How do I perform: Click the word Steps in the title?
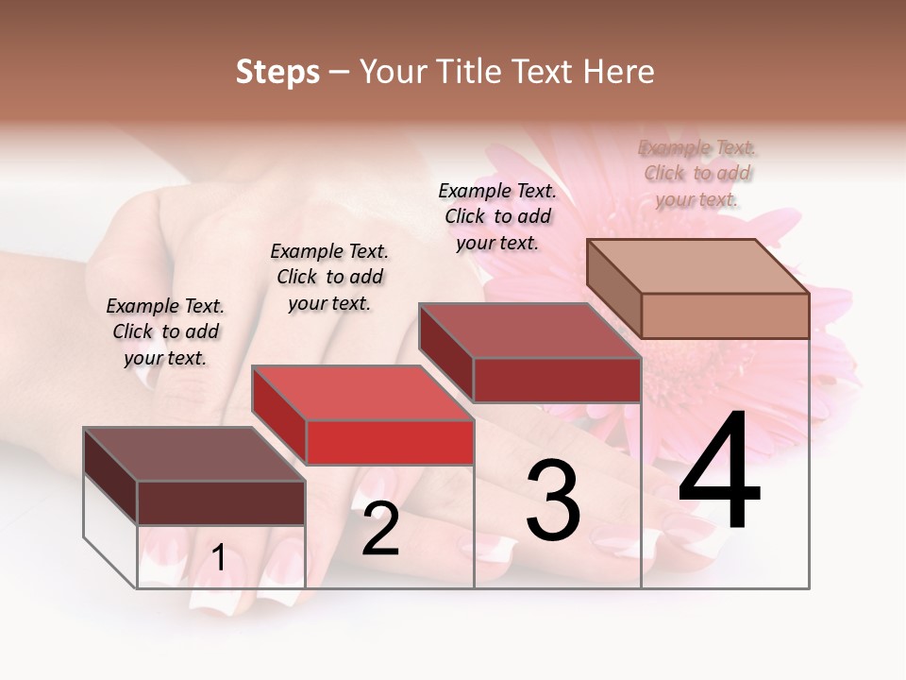[x=277, y=72]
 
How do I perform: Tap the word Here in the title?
[x=618, y=72]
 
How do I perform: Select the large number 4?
[x=719, y=472]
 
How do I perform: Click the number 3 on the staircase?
[x=553, y=501]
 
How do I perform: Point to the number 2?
[x=380, y=530]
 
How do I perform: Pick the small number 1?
[x=219, y=557]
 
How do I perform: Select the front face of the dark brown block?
[x=221, y=502]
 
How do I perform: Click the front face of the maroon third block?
[x=557, y=380]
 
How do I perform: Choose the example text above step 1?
[x=165, y=331]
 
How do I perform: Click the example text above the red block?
[x=329, y=277]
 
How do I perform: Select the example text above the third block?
[x=497, y=216]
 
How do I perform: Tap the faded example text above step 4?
[x=697, y=173]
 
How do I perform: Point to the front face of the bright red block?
[x=390, y=442]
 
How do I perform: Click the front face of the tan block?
[x=725, y=315]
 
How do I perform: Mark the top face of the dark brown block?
[x=194, y=454]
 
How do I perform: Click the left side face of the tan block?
[x=614, y=287]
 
